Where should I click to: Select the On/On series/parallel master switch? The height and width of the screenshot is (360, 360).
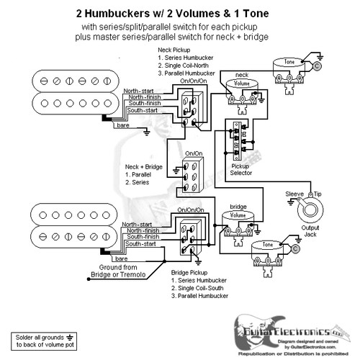[x=193, y=179]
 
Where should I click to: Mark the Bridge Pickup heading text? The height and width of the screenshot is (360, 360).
[x=191, y=274]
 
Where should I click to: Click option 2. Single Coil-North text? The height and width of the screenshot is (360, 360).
[x=189, y=66]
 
